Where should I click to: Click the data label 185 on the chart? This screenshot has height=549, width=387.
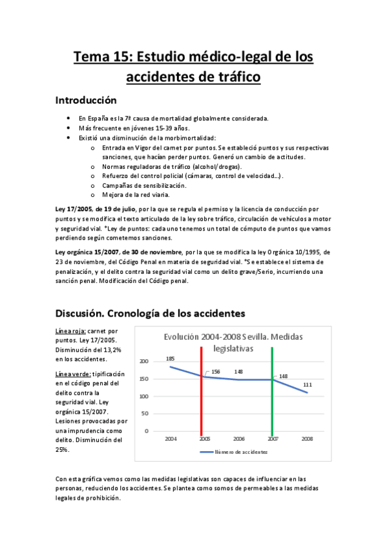170,359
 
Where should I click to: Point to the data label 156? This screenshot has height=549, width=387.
215,372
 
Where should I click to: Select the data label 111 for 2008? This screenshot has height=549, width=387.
308,385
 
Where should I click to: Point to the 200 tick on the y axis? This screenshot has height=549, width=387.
143,361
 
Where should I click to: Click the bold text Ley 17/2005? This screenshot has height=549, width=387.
73,210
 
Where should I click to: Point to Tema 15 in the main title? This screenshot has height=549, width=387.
102,57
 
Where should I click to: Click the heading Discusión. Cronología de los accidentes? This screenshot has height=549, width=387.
150,313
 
